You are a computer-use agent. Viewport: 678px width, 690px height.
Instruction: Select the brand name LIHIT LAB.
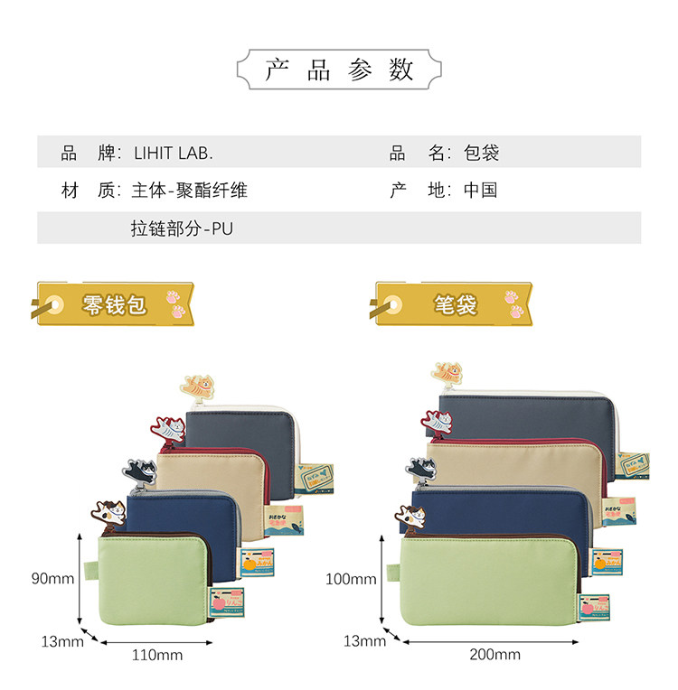point(173,153)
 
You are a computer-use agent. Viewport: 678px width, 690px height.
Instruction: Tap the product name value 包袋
point(481,153)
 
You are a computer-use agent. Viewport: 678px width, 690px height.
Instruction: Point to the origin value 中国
point(481,191)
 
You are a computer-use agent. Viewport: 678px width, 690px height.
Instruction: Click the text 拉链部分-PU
point(182,228)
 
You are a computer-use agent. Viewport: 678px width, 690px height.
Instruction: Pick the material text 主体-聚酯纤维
point(189,191)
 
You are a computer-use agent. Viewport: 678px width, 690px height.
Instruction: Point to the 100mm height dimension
point(351,578)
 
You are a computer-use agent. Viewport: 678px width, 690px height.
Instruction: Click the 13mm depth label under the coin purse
point(61,641)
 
